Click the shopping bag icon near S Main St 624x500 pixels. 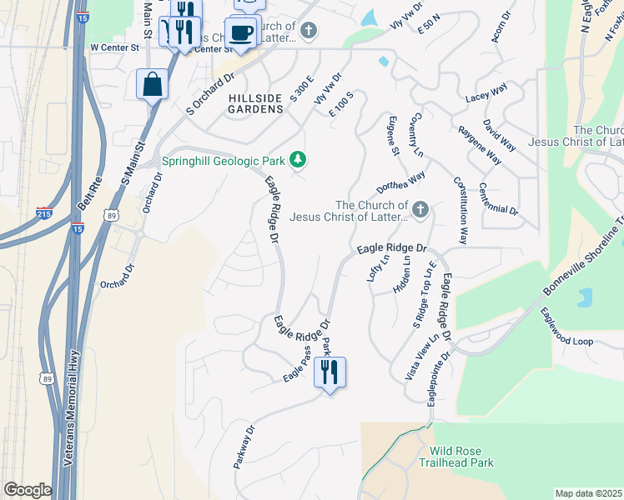coord(153,84)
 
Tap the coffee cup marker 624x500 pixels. coord(241,33)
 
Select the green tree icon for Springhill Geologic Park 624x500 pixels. coord(297,160)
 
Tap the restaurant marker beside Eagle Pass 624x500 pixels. coord(330,372)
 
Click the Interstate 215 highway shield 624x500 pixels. coord(45,214)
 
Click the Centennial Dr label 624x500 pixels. coord(499,200)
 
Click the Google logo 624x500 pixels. coord(28,490)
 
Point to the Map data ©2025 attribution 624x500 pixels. coord(588,493)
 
